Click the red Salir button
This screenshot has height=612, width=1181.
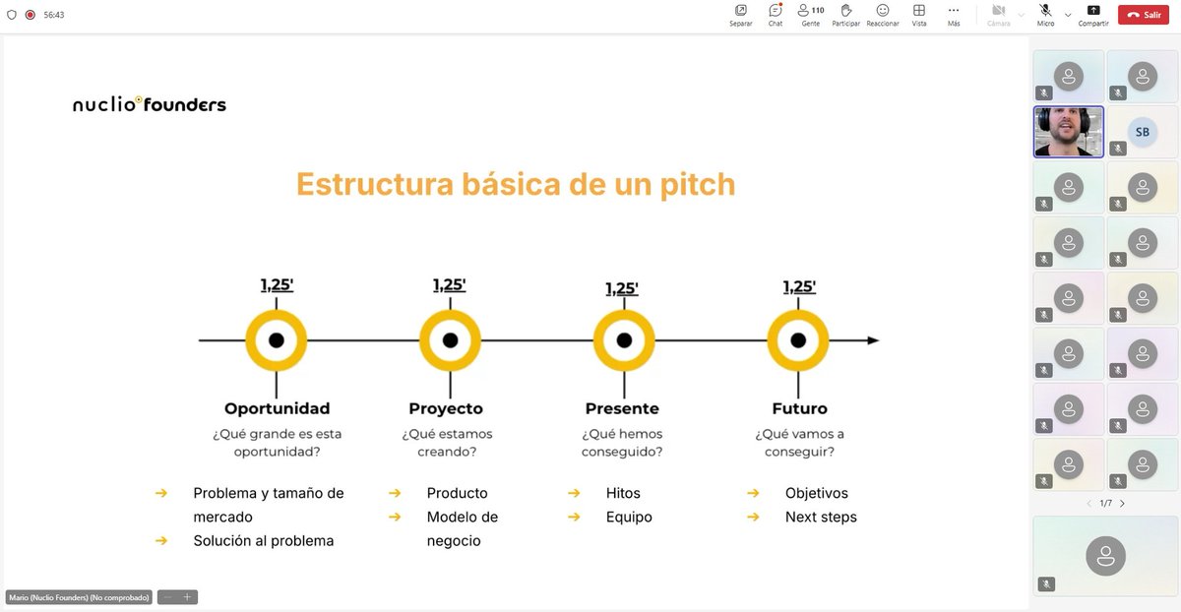[1143, 15]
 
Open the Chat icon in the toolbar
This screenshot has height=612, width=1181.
[776, 11]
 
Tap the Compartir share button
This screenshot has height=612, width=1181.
[1093, 11]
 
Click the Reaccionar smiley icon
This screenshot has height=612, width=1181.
[883, 11]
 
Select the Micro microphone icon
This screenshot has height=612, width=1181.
[1045, 11]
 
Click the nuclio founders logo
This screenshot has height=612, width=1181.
[150, 103]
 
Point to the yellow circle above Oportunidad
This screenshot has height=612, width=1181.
[277, 340]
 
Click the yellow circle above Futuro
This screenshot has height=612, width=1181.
[798, 340]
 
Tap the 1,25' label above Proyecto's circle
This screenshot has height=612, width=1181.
[450, 285]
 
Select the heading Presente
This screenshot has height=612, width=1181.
[622, 408]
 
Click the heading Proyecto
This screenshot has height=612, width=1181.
[446, 408]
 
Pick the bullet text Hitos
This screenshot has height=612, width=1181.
[623, 493]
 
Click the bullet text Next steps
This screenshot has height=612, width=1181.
[821, 517]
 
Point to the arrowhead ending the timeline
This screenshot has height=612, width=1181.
[873, 340]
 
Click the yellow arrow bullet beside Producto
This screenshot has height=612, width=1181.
[395, 493]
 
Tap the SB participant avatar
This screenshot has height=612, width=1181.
[1142, 132]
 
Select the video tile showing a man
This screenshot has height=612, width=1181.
[1069, 132]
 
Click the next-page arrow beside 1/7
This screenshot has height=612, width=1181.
[1123, 504]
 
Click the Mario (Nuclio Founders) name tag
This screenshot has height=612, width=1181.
[79, 597]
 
